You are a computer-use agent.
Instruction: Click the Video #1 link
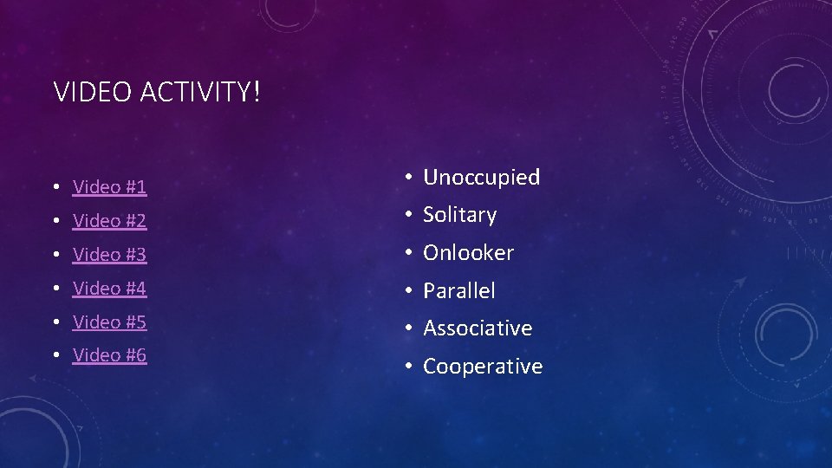pyautogui.click(x=109, y=186)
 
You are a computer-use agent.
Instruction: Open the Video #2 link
pyautogui.click(x=109, y=221)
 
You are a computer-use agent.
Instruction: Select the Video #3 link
pyautogui.click(x=109, y=255)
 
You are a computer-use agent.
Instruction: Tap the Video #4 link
pyautogui.click(x=109, y=288)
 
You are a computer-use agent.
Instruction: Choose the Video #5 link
pyautogui.click(x=109, y=322)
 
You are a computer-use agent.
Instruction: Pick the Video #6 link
pyautogui.click(x=109, y=355)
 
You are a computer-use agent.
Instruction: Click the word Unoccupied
pyautogui.click(x=481, y=178)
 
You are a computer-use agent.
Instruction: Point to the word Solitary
pyautogui.click(x=459, y=215)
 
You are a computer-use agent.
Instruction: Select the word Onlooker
pyautogui.click(x=468, y=253)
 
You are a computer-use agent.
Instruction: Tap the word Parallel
pyautogui.click(x=458, y=291)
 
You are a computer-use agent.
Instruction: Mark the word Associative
pyautogui.click(x=477, y=328)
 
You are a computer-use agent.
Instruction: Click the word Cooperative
pyautogui.click(x=482, y=367)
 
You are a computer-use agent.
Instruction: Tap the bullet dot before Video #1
pyautogui.click(x=55, y=187)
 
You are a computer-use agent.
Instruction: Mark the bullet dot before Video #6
pyautogui.click(x=55, y=356)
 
